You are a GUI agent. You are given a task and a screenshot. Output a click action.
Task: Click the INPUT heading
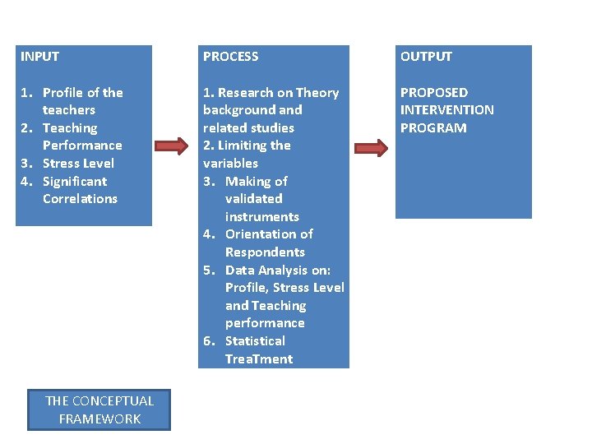click(39, 57)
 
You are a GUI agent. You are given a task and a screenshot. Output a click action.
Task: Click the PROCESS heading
click(230, 57)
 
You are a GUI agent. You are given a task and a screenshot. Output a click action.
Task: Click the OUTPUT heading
click(426, 57)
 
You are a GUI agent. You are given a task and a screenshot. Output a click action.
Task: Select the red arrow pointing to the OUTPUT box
click(372, 149)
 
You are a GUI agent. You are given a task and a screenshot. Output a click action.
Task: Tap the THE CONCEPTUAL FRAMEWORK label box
click(99, 409)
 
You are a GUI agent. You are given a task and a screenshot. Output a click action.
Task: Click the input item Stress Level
click(78, 163)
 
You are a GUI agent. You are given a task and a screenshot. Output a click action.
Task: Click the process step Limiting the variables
click(247, 154)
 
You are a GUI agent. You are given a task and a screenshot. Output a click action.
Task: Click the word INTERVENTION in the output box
click(446, 110)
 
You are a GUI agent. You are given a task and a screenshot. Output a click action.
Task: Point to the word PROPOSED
click(433, 93)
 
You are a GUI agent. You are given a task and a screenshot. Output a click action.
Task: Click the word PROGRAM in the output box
click(433, 128)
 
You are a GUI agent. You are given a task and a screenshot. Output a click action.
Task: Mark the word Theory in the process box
click(317, 93)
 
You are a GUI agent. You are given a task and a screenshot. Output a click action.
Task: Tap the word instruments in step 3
click(261, 216)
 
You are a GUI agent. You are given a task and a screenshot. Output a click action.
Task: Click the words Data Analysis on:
click(278, 270)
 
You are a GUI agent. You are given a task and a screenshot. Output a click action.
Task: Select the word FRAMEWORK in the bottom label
click(99, 419)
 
